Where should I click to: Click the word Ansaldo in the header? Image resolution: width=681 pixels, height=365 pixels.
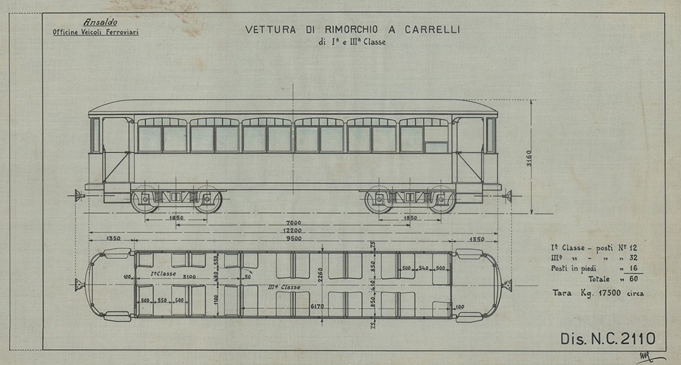100,22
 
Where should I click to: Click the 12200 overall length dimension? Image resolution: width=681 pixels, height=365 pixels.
294,231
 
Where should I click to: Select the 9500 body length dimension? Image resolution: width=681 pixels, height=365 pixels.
294,239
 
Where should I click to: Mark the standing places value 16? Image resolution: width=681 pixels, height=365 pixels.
627,269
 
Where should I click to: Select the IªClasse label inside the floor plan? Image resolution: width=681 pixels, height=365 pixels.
163,273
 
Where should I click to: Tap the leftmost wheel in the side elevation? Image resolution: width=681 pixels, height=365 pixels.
145,201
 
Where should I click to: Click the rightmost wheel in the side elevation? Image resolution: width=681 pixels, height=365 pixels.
442,201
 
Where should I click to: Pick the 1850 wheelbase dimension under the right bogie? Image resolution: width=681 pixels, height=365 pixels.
410,218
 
